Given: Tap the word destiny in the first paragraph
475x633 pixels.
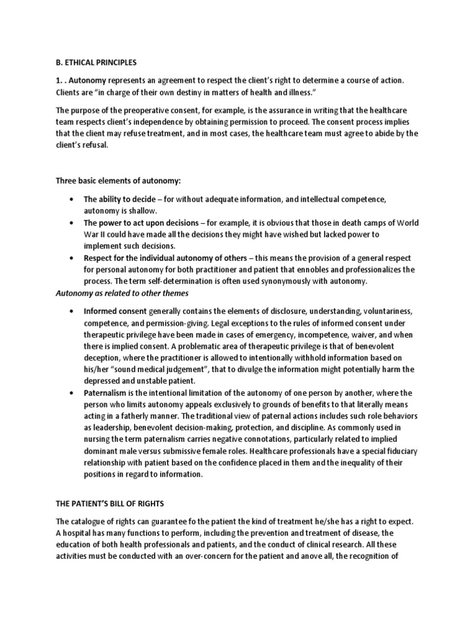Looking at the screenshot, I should (192, 93).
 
